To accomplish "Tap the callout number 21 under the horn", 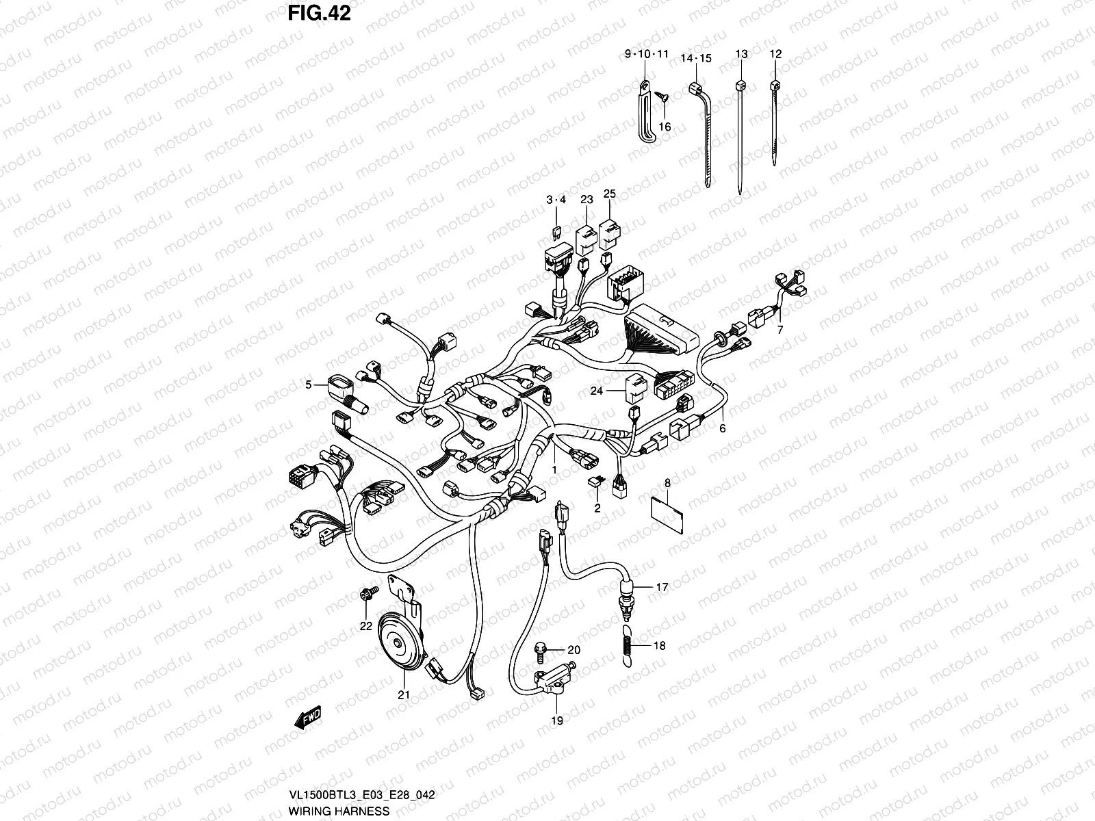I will point(404,695).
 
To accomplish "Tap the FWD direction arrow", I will point(309,718).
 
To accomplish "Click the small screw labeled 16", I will point(662,99).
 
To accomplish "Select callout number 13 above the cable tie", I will point(741,53).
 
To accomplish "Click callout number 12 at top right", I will point(775,53).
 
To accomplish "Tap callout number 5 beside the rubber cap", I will point(309,385).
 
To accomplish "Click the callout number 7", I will point(780,330).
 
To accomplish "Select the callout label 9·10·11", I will point(646,53).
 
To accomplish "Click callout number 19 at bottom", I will point(557,720).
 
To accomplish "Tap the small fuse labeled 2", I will point(595,483).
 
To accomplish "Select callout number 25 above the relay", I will point(609,194).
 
